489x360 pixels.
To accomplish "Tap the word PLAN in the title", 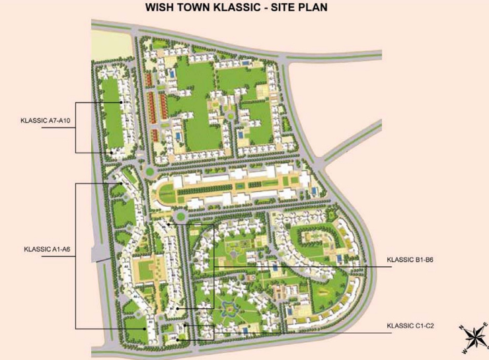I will pyautogui.click(x=332, y=8).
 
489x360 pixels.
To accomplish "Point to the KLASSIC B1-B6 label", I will pyautogui.click(x=410, y=260).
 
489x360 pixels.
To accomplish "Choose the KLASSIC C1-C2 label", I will pyautogui.click(x=410, y=326).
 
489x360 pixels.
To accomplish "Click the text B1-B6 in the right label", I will pyautogui.click(x=424, y=260).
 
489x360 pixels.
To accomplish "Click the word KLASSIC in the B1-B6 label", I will pyautogui.click(x=399, y=260).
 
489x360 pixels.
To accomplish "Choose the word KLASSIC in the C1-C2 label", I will pyautogui.click(x=400, y=326).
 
